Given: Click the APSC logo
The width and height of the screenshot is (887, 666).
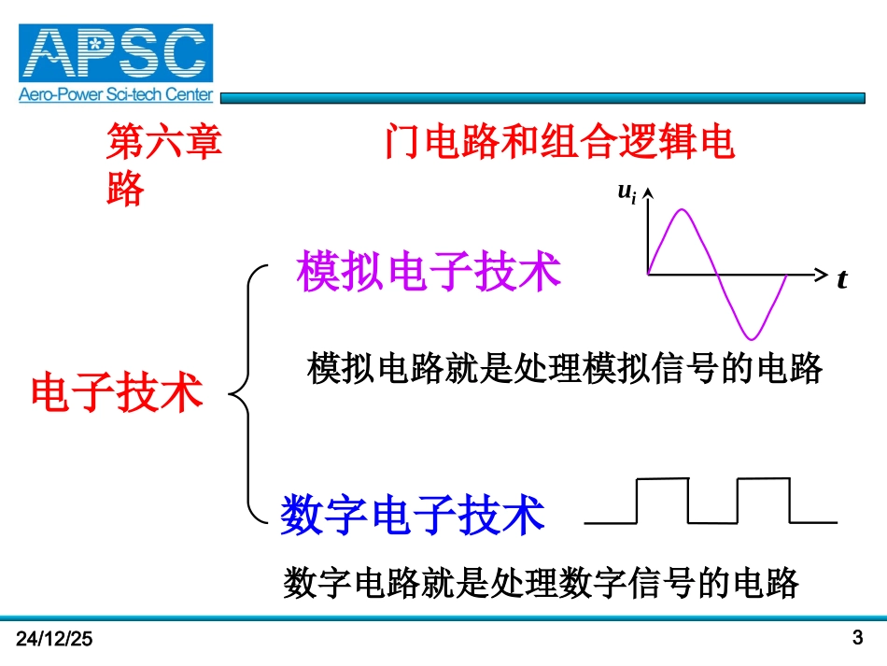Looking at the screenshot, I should [x=116, y=53].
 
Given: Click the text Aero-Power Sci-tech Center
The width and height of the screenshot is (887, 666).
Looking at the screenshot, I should [x=116, y=94].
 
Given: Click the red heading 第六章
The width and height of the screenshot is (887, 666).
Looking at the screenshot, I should [x=165, y=144].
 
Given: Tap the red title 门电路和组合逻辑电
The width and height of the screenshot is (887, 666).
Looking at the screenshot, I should [x=558, y=144].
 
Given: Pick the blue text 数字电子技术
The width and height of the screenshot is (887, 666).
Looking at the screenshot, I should [x=413, y=515].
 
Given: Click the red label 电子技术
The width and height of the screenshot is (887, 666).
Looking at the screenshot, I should [x=118, y=391].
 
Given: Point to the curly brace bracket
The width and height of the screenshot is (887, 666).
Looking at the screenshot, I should [x=246, y=392].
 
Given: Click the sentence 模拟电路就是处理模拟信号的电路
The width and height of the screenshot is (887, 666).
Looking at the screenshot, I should [x=565, y=368].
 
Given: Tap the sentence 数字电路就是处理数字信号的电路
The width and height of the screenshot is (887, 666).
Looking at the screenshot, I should [x=542, y=583].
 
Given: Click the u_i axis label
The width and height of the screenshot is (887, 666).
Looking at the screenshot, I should [x=627, y=192].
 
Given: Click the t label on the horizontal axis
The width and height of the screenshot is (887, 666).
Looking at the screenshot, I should [x=841, y=279].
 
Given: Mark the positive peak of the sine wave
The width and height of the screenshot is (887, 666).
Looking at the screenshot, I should [x=683, y=210].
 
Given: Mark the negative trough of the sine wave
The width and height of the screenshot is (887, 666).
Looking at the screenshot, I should [x=753, y=337].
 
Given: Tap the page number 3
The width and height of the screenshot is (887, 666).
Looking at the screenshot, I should [x=858, y=638].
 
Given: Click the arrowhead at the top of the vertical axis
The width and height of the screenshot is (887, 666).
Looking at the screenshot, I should [x=647, y=192].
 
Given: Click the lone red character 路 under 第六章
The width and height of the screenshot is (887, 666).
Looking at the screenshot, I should [x=126, y=189].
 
